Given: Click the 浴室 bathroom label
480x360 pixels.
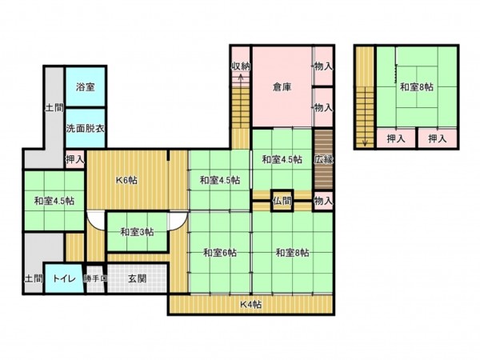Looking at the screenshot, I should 86,86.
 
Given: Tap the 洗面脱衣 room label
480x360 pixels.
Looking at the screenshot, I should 86,128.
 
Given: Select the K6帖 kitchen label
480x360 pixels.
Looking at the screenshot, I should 126,180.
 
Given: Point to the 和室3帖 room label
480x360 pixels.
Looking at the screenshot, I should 138,232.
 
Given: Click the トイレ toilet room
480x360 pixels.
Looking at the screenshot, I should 64,279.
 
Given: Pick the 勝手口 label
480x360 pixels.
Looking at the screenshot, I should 95,279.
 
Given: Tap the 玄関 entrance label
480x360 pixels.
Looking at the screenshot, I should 138,279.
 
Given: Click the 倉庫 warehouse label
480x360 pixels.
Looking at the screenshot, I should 281,86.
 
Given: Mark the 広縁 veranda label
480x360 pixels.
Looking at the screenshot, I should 323,159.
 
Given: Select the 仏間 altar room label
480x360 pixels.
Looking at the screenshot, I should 282,200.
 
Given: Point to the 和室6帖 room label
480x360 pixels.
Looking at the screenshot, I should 218,253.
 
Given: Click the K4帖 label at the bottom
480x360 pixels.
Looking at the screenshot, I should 253,304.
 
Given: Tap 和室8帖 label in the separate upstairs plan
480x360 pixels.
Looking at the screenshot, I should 417,86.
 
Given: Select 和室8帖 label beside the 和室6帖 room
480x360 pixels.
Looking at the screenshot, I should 292,253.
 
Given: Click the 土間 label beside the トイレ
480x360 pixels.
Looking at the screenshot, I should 33,279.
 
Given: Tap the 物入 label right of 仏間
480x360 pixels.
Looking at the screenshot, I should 323,200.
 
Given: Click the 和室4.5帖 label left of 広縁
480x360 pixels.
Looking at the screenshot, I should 282,159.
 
